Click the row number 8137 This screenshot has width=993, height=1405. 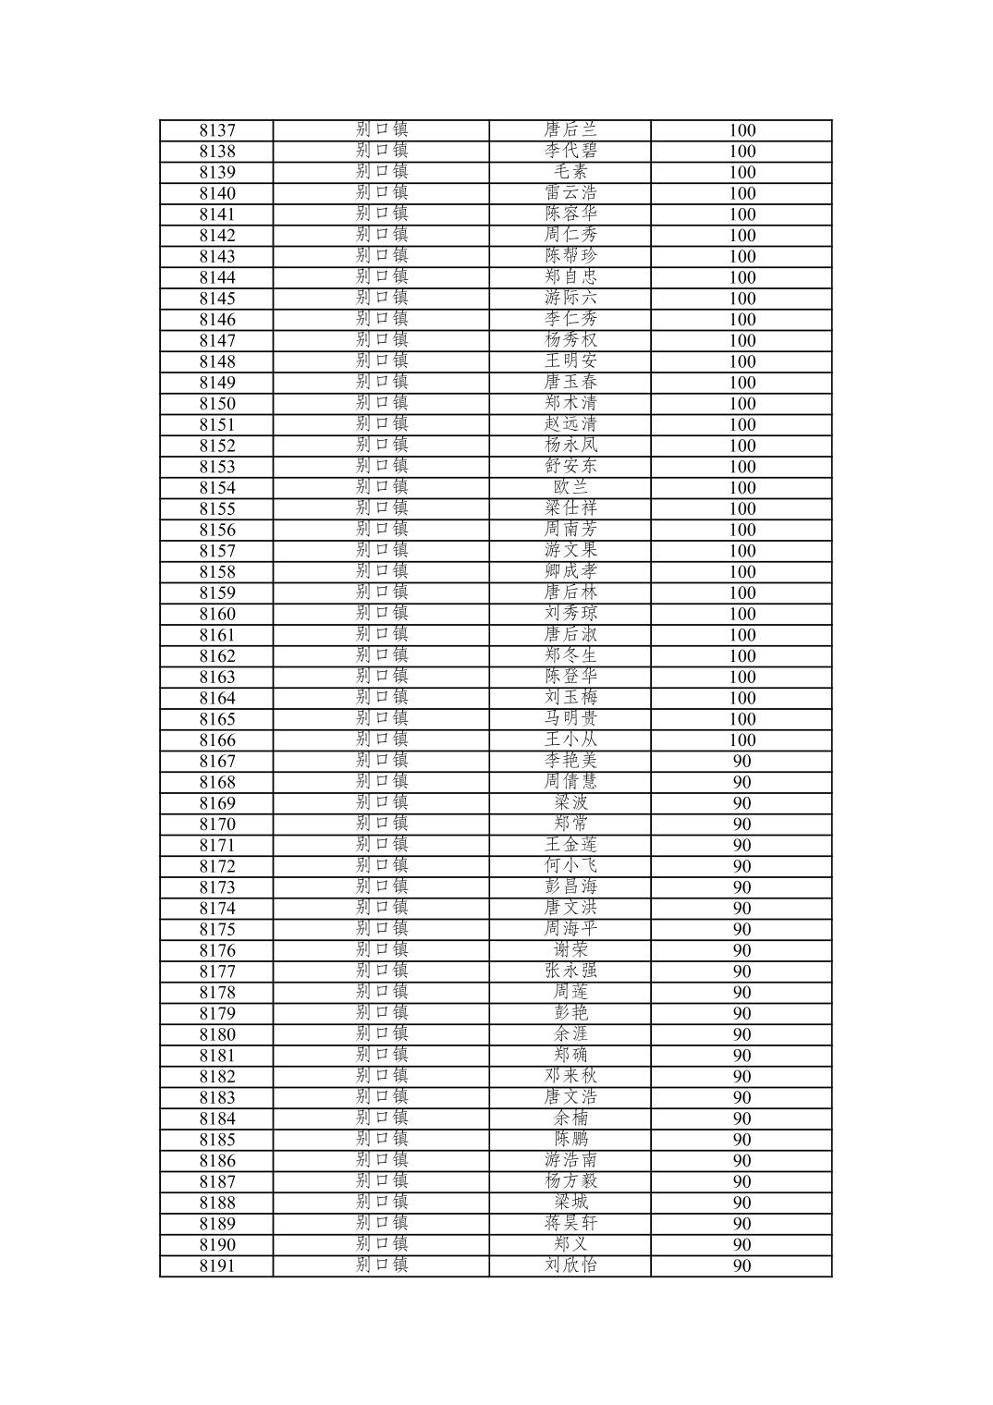(217, 130)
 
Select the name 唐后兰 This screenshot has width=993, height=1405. (570, 130)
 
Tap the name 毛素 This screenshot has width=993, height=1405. (570, 172)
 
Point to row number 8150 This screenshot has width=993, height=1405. (217, 404)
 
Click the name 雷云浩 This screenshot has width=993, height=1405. (570, 193)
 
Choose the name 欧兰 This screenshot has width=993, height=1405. (570, 488)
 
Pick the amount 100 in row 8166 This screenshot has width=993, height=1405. (742, 740)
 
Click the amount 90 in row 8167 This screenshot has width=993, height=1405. (742, 762)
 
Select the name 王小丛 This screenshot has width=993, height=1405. (570, 740)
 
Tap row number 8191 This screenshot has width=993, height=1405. (217, 1266)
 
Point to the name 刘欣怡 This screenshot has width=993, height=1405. (570, 1266)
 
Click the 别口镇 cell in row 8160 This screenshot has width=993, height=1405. (381, 614)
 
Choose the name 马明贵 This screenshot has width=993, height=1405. (570, 719)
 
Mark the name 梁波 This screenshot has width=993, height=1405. (570, 803)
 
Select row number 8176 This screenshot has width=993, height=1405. (217, 950)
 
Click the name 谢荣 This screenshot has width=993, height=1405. (570, 950)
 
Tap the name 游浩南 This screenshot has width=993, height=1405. (570, 1161)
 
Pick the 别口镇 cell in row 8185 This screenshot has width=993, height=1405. (381, 1140)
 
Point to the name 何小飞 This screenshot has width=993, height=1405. (570, 866)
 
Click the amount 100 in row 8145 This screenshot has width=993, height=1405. (742, 299)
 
